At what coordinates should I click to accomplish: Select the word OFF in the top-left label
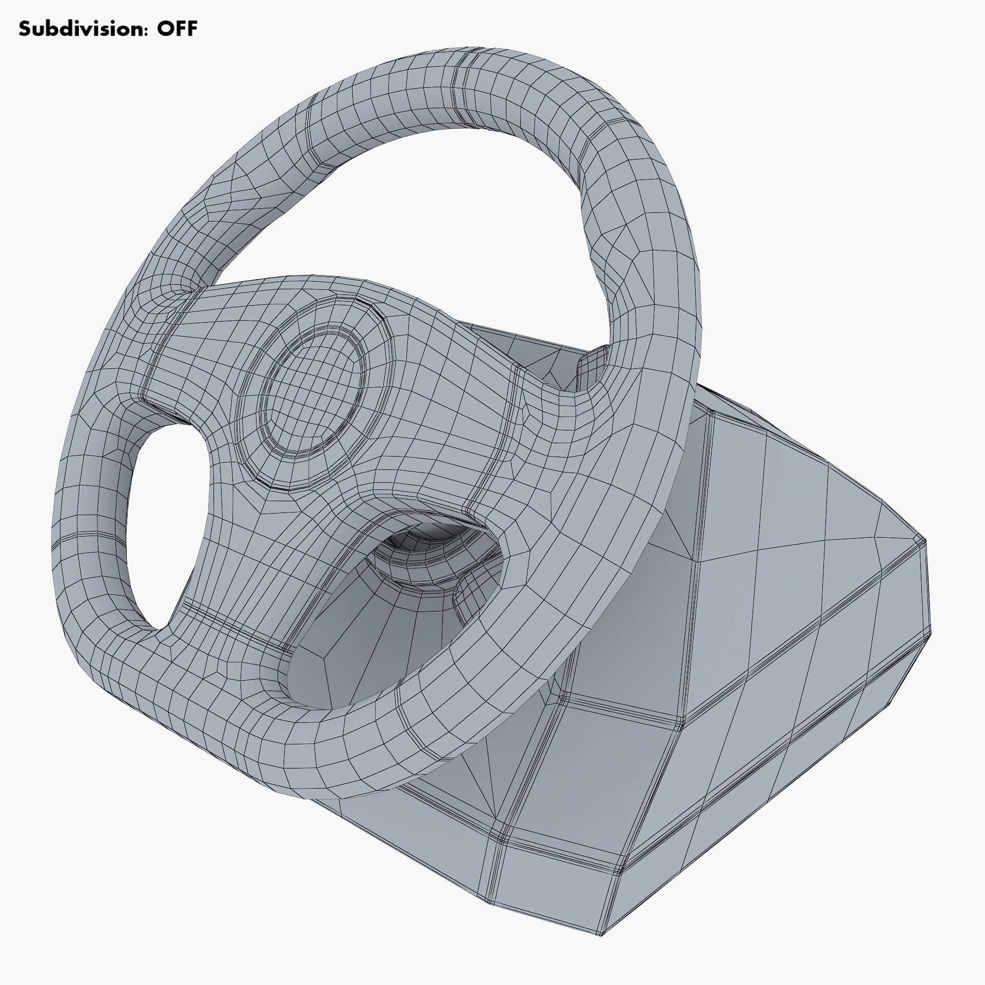point(176,29)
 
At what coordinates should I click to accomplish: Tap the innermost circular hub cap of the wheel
point(314,391)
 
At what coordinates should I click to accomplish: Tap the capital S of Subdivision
point(25,29)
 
